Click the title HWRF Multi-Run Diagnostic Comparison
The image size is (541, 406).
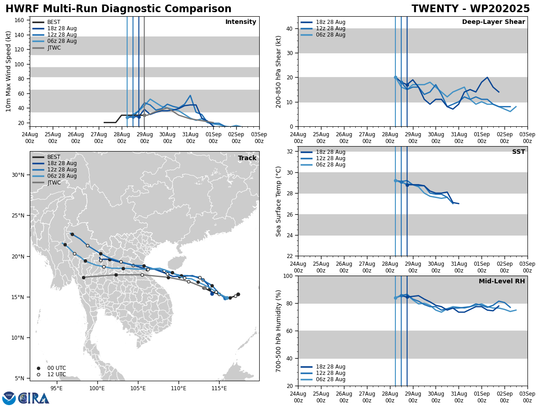118,9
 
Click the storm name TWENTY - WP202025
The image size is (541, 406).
471,9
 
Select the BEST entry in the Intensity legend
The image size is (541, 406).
54,22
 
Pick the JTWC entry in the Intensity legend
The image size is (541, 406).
54,48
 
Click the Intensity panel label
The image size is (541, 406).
241,22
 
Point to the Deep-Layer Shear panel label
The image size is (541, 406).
493,22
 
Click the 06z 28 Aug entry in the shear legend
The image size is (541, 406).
331,35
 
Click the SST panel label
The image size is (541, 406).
518,152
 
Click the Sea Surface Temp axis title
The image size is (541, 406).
279,201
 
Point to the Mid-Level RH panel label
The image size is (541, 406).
502,281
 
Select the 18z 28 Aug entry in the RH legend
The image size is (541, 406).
331,367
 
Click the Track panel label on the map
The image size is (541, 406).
247,158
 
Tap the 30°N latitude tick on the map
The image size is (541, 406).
18,175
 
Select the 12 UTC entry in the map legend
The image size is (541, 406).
56,374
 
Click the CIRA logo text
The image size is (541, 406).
34,398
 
